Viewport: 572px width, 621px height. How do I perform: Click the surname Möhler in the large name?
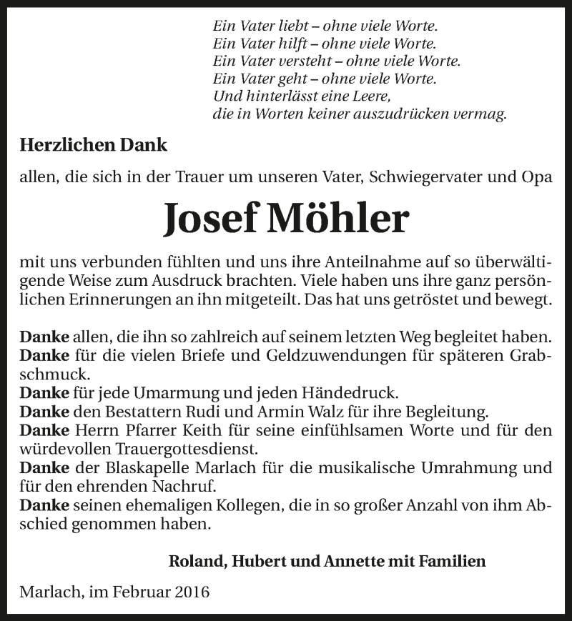(x=337, y=219)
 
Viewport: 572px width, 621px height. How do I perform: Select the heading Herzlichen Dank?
(x=94, y=144)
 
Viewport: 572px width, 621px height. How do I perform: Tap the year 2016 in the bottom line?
(x=192, y=592)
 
